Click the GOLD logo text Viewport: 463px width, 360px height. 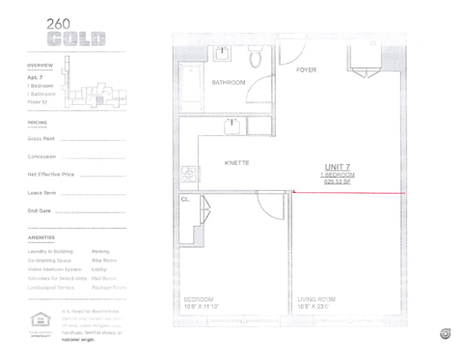75,41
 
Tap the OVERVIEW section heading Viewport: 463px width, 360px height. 41,65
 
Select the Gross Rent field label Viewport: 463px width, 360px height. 41,139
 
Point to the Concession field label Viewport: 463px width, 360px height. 41,156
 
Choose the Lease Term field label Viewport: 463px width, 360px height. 41,193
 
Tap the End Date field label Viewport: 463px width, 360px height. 40,210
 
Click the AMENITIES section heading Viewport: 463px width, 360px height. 41,237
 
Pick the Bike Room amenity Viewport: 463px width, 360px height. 104,260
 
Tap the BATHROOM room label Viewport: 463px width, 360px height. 229,83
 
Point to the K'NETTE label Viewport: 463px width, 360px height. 237,163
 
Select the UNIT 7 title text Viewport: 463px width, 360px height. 339,166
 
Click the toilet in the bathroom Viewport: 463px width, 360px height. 255,58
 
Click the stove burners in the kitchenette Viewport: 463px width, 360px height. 190,176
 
